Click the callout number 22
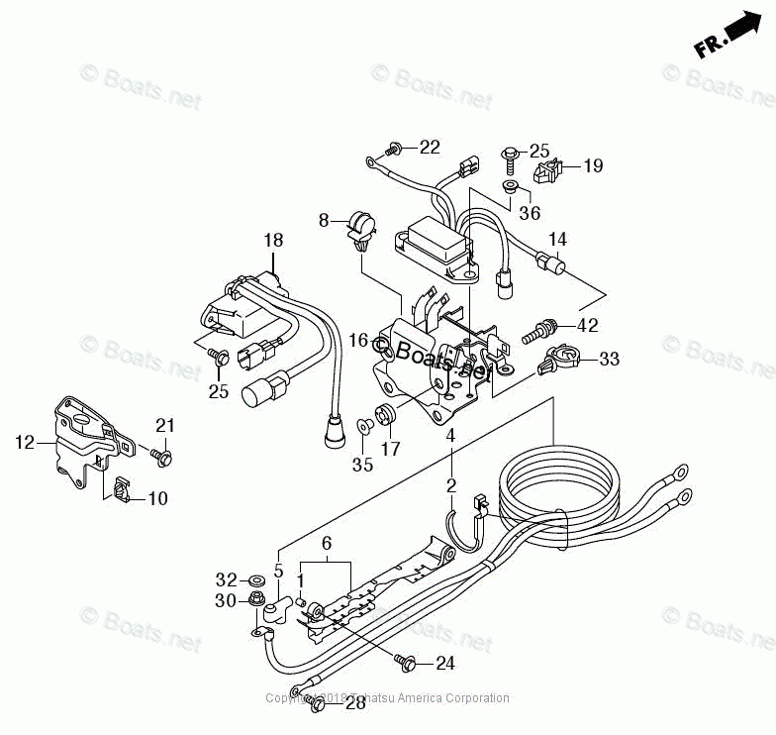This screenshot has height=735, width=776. tap(429, 148)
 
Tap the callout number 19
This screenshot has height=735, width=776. tap(592, 165)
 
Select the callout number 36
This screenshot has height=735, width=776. tap(530, 212)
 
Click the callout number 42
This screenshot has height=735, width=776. tap(587, 325)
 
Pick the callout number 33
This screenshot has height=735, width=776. tap(609, 359)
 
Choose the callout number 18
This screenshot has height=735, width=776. tap(273, 240)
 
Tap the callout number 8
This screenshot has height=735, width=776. tap(323, 220)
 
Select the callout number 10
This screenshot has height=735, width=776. tap(157, 498)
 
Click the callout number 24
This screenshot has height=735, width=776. tap(444, 664)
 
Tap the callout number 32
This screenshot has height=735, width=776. tap(227, 579)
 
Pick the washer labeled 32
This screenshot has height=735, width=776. tap(256, 578)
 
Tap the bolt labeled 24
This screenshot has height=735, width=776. tap(404, 660)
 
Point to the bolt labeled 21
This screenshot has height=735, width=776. tap(161, 457)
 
